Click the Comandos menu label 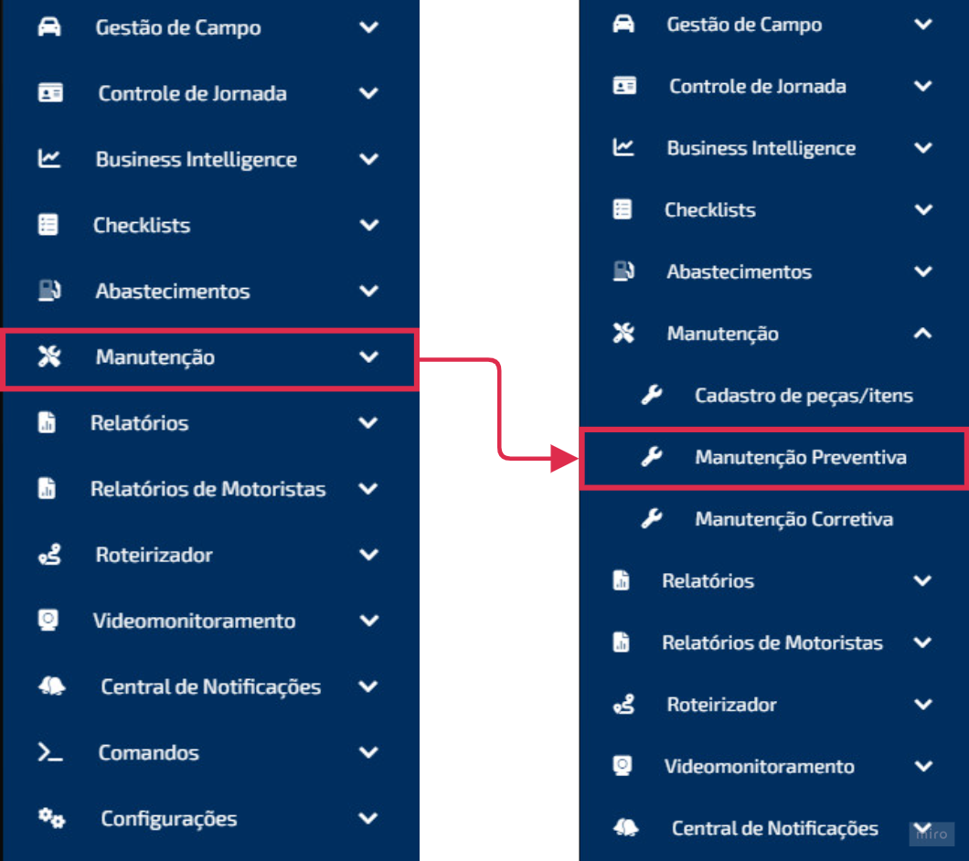148,753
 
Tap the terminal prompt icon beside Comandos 49,753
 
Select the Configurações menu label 168,819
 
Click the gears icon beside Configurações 51,819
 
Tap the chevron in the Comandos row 368,753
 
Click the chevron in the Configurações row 368,819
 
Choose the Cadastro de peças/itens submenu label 804,396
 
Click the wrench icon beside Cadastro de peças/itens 651,396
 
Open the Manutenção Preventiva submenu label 800,457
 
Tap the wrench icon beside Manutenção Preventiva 651,457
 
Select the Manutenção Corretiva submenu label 793,519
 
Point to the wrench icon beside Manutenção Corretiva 651,519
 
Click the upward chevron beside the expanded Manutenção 922,334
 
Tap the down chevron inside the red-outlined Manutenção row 368,357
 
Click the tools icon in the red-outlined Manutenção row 49,357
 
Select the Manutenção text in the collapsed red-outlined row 154,357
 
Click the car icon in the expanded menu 623,25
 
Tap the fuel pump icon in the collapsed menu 49,292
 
